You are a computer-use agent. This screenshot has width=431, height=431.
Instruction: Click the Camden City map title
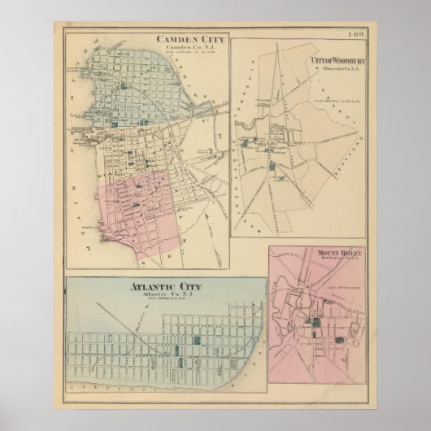[x=194, y=37]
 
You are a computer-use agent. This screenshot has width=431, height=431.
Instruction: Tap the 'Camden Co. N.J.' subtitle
[x=194, y=46]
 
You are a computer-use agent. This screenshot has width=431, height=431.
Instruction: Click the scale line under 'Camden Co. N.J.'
[x=194, y=52]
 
